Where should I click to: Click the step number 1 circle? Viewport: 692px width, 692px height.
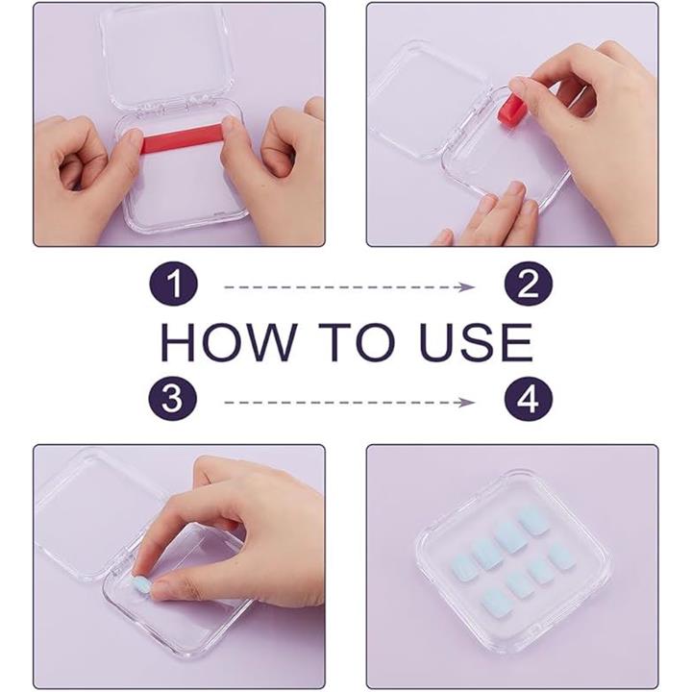pyautogui.click(x=173, y=284)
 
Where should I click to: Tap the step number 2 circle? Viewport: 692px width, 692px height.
pyautogui.click(x=529, y=284)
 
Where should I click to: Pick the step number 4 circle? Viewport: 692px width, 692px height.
pyautogui.click(x=529, y=399)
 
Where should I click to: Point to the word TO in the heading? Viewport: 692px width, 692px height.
pyautogui.click(x=357, y=342)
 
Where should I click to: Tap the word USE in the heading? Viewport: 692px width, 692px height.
pyautogui.click(x=476, y=342)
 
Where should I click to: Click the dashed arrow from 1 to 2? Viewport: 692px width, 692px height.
pyautogui.click(x=350, y=287)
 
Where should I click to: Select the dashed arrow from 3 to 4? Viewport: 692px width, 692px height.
pyautogui.click(x=350, y=403)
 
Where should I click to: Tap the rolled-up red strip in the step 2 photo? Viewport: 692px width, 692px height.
pyautogui.click(x=510, y=108)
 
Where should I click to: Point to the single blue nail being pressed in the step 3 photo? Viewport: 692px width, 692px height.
pyautogui.click(x=140, y=585)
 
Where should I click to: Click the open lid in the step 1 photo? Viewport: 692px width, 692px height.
pyautogui.click(x=167, y=57)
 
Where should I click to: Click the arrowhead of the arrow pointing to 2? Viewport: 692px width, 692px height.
pyautogui.click(x=467, y=287)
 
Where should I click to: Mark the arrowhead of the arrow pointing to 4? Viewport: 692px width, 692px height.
pyautogui.click(x=467, y=403)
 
